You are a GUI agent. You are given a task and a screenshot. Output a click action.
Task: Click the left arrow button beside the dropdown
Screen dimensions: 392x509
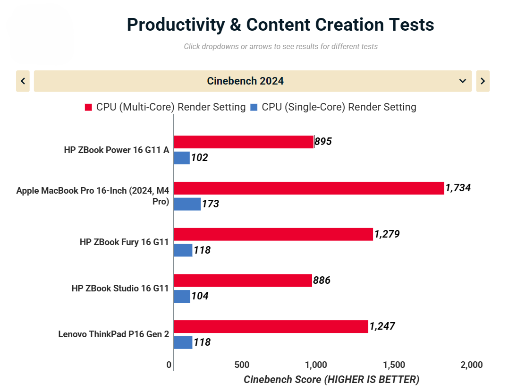[23, 81]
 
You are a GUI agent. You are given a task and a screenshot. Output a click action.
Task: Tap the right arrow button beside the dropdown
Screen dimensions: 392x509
[483, 81]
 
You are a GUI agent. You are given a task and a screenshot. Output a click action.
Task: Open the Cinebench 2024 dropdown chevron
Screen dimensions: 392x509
[462, 81]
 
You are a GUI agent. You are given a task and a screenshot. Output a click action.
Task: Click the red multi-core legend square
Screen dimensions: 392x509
[88, 107]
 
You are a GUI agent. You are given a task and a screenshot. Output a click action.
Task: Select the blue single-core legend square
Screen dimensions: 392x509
[254, 107]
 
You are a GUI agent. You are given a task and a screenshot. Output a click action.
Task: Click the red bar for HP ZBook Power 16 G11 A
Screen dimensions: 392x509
[244, 142]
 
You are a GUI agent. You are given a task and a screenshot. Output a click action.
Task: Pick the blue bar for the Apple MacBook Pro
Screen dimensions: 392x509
[187, 204]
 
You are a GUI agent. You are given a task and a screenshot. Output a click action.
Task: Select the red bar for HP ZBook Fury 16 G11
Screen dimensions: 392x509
[273, 234]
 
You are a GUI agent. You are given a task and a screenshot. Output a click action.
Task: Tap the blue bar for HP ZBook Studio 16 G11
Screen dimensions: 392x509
[182, 296]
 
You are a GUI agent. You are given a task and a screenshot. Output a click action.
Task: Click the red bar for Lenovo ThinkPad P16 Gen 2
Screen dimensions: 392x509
[271, 326]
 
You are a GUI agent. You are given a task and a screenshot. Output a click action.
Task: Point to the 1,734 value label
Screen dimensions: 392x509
[458, 188]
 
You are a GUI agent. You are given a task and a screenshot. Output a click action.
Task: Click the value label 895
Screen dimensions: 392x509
[323, 142]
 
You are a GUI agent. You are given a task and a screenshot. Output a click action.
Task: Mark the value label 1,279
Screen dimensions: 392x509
[387, 234]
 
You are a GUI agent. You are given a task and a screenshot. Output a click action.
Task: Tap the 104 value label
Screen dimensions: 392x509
[200, 296]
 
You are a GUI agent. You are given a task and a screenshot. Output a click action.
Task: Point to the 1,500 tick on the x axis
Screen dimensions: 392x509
[394, 365]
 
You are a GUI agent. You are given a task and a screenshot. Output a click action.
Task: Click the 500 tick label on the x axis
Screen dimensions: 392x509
[242, 365]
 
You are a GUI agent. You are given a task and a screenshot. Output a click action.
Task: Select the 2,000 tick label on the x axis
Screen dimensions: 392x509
[471, 365]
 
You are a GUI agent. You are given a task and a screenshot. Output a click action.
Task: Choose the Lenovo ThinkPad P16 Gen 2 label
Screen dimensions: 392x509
[113, 334]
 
